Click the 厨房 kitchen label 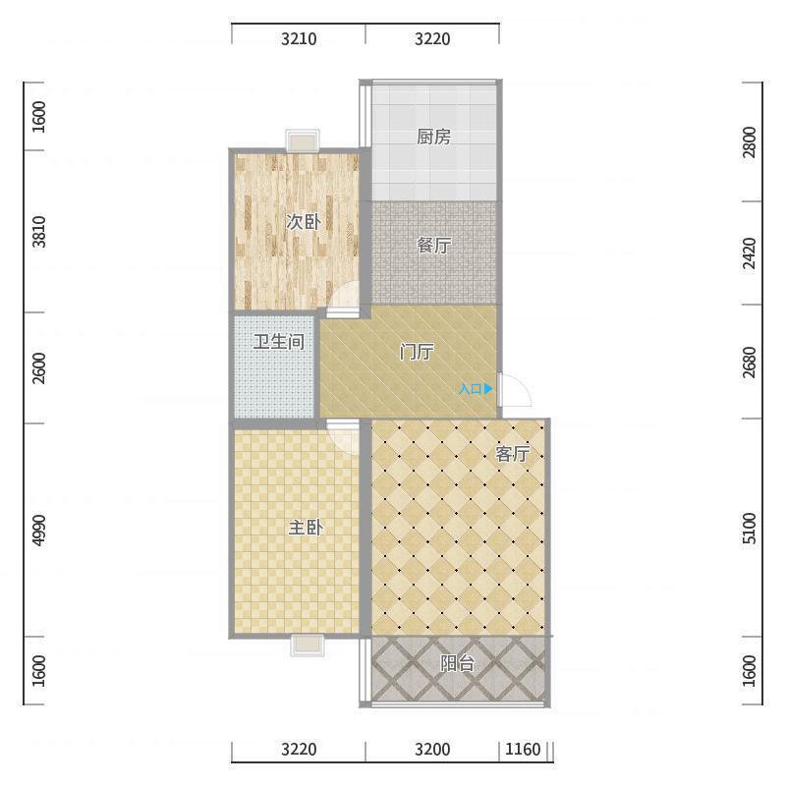(x=433, y=137)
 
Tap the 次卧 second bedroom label (x=304, y=222)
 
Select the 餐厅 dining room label (x=434, y=245)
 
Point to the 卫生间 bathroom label (x=279, y=342)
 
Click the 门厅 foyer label (x=417, y=352)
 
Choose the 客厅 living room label (x=512, y=454)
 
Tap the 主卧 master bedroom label (x=306, y=528)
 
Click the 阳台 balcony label (x=457, y=663)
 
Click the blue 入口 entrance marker (x=476, y=388)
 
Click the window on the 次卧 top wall (x=303, y=140)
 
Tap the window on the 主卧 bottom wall (x=308, y=646)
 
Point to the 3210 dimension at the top (x=299, y=38)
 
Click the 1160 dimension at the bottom (x=523, y=750)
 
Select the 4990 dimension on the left (x=38, y=531)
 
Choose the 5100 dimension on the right (x=749, y=528)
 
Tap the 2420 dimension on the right (x=749, y=253)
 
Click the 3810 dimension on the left (x=38, y=232)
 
